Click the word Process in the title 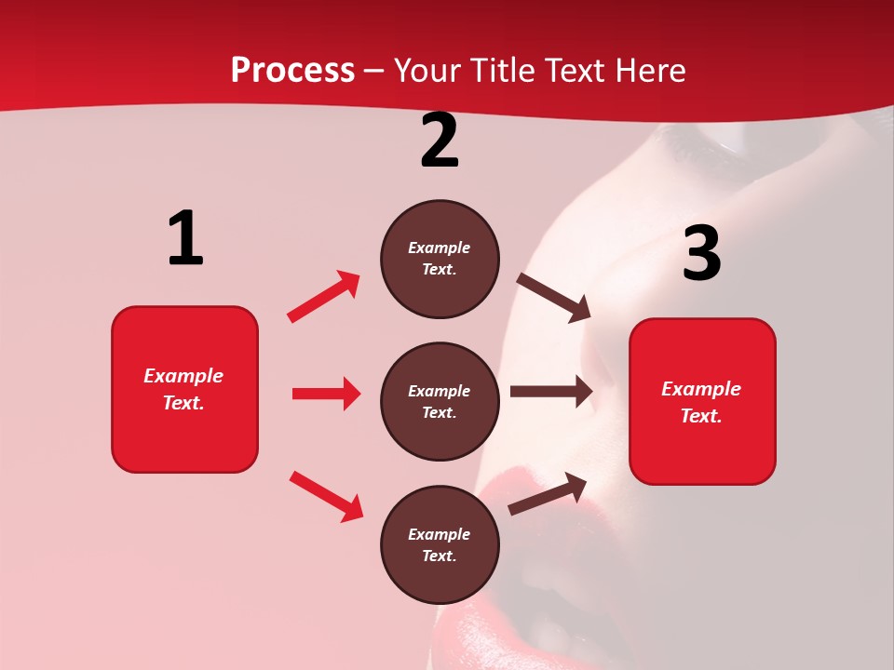point(292,71)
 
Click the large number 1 point(185,239)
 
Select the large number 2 point(440,141)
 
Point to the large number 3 point(701,253)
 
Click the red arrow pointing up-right point(324,296)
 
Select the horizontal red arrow point(326,394)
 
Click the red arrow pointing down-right point(326,495)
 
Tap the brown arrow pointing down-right point(554,298)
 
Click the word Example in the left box point(183,376)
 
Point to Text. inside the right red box point(701,416)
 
